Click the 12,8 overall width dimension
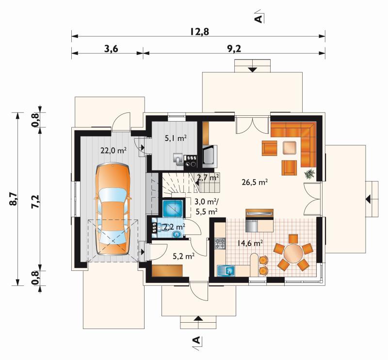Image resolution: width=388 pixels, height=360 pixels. pyautogui.click(x=200, y=31)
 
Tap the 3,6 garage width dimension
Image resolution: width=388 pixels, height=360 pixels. pyautogui.click(x=111, y=49)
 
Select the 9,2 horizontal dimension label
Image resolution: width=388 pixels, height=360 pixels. pyautogui.click(x=234, y=49)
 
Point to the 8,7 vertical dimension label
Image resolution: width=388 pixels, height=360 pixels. pyautogui.click(x=14, y=199)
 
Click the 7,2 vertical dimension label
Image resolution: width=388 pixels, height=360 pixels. pyautogui.click(x=35, y=202)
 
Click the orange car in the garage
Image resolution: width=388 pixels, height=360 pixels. pyautogui.click(x=113, y=209)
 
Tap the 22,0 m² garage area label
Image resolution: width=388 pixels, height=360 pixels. pyautogui.click(x=113, y=150)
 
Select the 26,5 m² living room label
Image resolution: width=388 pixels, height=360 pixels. pyautogui.click(x=255, y=183)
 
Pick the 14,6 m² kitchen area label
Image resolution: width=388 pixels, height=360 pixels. pyautogui.click(x=250, y=243)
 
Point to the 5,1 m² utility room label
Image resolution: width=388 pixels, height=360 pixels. pyautogui.click(x=176, y=138)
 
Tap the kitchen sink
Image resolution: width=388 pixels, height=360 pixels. pyautogui.click(x=226, y=271)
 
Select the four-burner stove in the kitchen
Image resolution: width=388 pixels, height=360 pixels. pyautogui.click(x=220, y=243)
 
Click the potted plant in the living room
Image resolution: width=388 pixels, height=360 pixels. pyautogui.click(x=309, y=173)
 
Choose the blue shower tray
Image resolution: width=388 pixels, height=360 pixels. pyautogui.click(x=173, y=208)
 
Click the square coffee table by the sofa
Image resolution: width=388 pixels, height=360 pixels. pyautogui.click(x=289, y=148)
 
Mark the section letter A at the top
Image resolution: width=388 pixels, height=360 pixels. pyautogui.click(x=258, y=19)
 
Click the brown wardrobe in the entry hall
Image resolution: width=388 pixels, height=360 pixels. pyautogui.click(x=167, y=270)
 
